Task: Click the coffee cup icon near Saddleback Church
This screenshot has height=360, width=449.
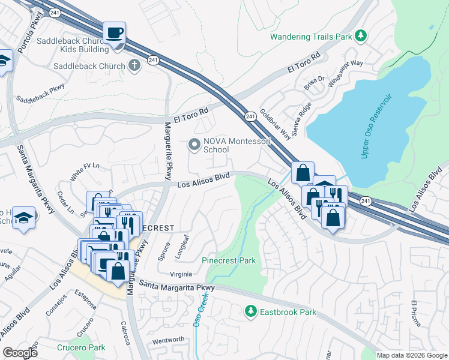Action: pos(114,32)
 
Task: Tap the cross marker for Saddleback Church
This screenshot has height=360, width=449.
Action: pos(135,66)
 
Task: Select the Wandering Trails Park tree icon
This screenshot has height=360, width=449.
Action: pos(361,37)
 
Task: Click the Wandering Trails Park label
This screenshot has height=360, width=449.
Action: pos(310,37)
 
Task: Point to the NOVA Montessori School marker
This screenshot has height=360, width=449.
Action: pos(194,145)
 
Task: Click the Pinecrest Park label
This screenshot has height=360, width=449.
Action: pos(229,260)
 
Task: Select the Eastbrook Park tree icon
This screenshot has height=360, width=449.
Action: pos(251,312)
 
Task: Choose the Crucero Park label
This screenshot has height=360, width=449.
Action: pos(81,347)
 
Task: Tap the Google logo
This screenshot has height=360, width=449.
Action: pos(20,353)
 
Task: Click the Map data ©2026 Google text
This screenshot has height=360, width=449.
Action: pos(412,355)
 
